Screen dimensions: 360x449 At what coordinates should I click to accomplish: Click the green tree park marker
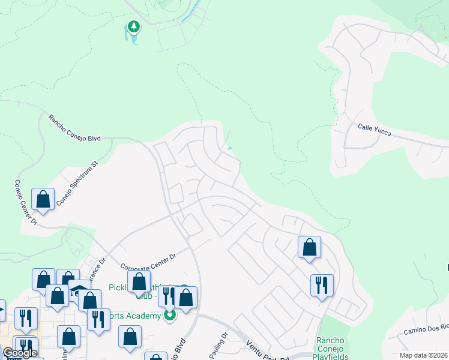133,27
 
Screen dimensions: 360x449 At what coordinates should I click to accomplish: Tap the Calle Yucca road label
375,130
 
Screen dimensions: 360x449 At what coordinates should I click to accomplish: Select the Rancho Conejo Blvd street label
75,127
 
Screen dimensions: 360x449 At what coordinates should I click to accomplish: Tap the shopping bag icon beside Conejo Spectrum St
43,199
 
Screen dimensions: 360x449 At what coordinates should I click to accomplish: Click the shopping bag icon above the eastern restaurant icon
309,247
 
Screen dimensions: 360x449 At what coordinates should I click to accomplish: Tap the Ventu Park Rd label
267,350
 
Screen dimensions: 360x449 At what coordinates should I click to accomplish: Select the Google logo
20,352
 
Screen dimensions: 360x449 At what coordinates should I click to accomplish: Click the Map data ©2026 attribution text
423,355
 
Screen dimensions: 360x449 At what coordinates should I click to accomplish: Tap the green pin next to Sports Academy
170,314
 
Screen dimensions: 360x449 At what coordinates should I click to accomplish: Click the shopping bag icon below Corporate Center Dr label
139,281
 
